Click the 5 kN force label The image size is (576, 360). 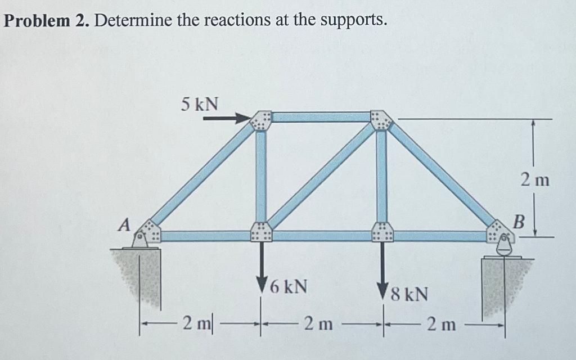(x=200, y=104)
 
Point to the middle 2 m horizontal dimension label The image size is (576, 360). (x=317, y=324)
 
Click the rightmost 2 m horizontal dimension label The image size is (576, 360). (x=441, y=324)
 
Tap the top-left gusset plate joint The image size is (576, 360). (x=261, y=120)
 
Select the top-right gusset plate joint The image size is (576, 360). (x=381, y=119)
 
